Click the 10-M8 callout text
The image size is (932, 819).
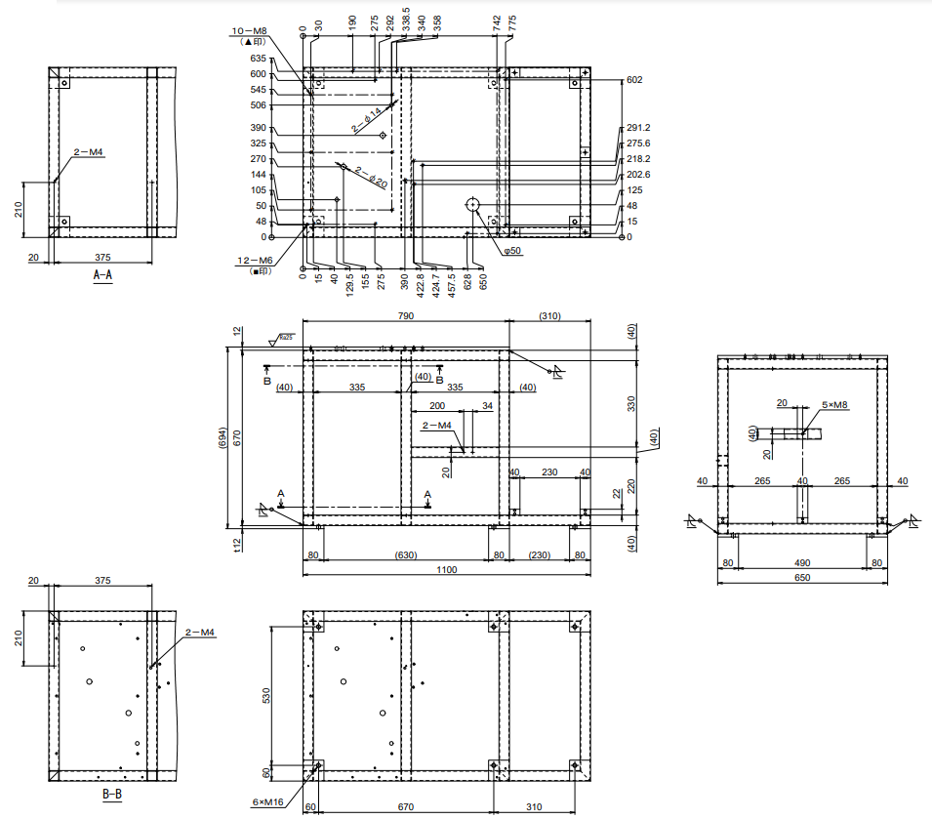252,31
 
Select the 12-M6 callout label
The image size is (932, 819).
253,261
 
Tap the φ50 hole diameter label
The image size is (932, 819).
513,251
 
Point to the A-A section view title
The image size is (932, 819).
102,276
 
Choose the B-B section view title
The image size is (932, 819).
112,795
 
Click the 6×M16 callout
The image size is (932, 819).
265,802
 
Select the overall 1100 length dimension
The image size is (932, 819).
446,569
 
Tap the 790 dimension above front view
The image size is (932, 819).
405,316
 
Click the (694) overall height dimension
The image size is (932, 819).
223,437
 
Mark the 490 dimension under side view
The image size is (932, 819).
802,562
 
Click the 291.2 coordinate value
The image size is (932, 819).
638,128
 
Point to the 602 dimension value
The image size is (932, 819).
634,80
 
